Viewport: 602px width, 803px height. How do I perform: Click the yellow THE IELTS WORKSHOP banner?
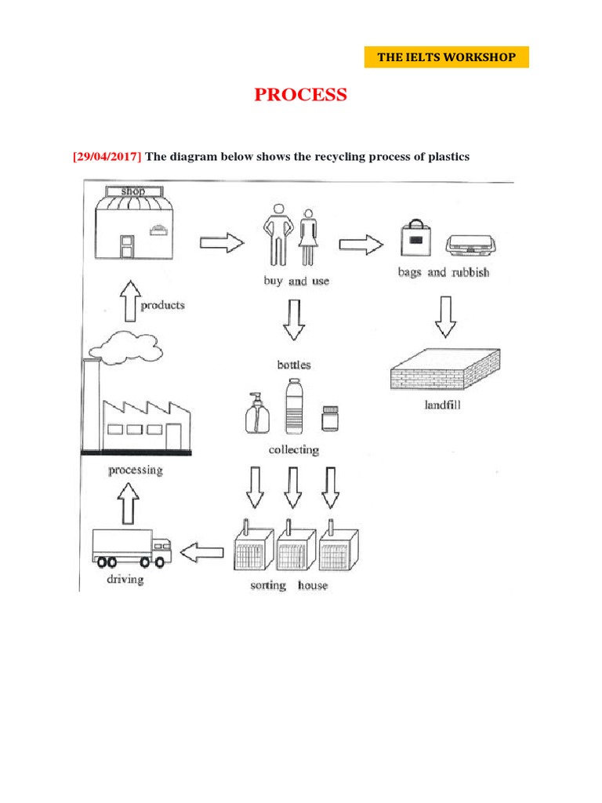click(447, 57)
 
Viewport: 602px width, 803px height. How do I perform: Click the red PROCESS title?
click(300, 95)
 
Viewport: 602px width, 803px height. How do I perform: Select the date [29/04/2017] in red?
click(107, 157)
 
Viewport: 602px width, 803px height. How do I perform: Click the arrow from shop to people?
click(223, 244)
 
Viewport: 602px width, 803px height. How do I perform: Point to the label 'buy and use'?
click(296, 281)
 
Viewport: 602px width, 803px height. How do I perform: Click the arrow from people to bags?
click(361, 245)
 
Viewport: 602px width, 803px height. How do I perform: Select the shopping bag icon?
click(415, 238)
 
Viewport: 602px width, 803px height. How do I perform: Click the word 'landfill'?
click(443, 406)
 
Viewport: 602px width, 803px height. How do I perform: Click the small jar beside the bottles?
click(330, 418)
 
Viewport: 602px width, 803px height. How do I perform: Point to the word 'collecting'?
click(294, 450)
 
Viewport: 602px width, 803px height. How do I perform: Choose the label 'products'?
click(162, 305)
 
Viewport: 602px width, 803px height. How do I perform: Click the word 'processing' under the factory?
click(135, 471)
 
